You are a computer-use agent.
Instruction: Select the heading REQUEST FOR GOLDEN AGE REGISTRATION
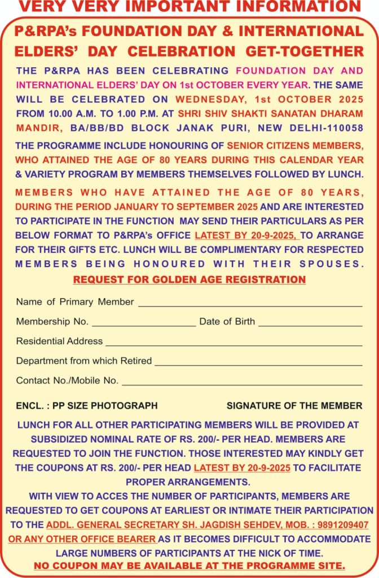[189, 279]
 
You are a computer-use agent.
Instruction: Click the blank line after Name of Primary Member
[250, 305]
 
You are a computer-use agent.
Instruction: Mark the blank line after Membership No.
[144, 325]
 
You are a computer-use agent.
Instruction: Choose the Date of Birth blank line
[310, 325]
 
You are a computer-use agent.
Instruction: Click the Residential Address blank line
[233, 345]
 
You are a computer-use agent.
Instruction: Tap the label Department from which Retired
[83, 361]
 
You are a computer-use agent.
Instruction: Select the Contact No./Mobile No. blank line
[242, 384]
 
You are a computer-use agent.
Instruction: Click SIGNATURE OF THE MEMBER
[294, 405]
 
